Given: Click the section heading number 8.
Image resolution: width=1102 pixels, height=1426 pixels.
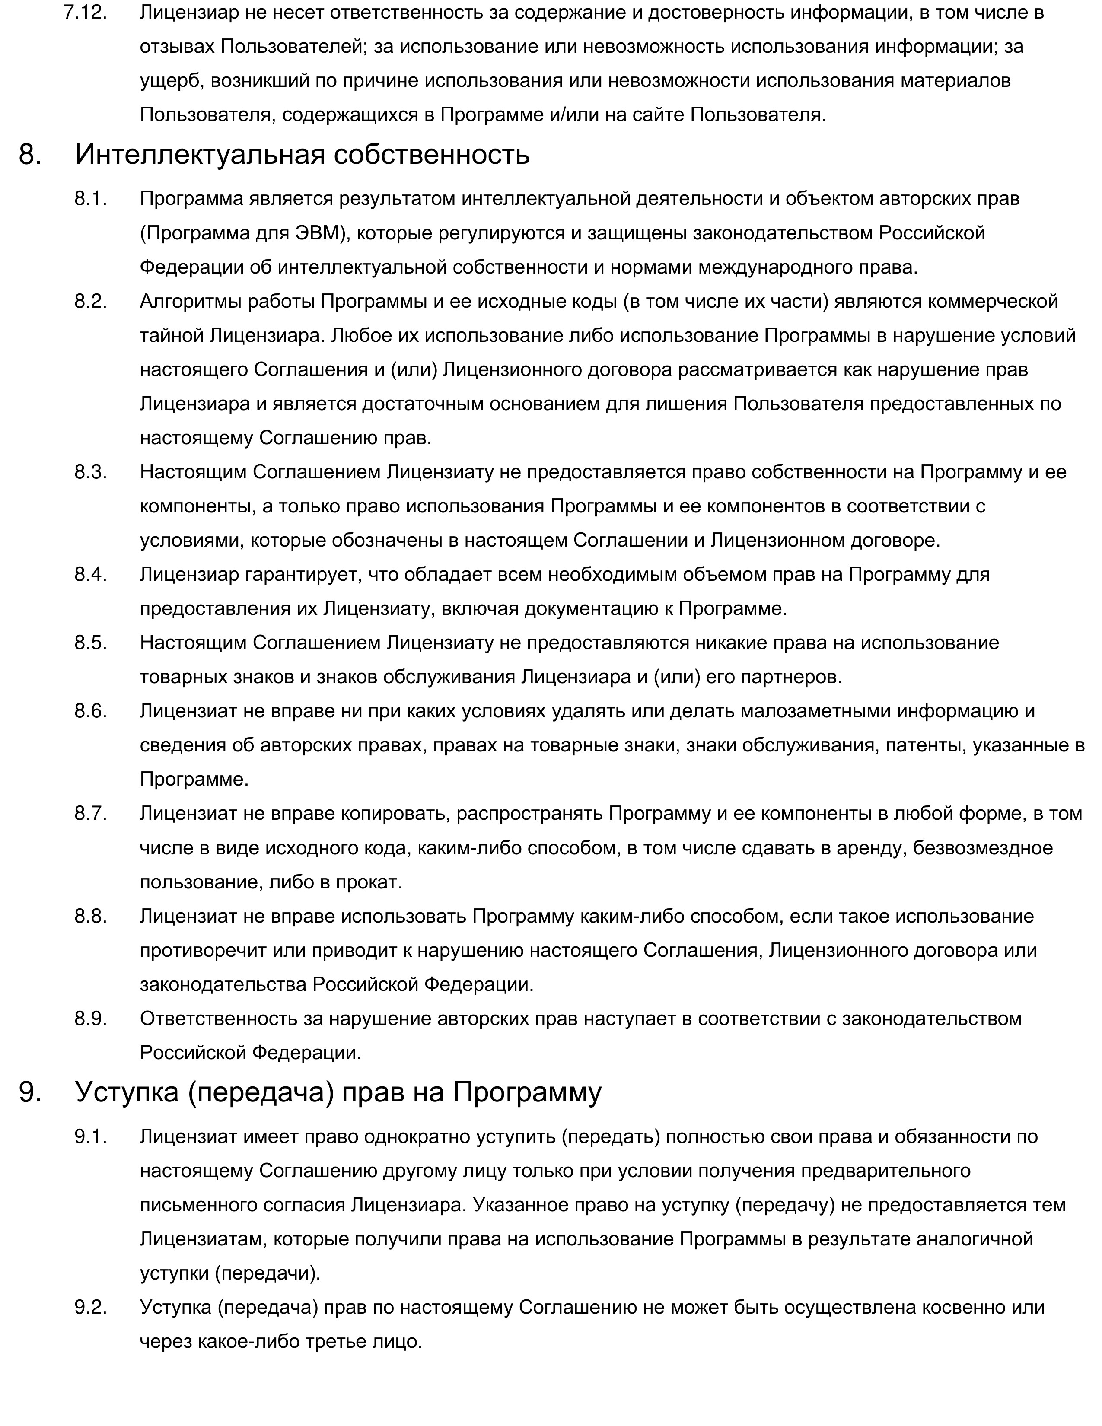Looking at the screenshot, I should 30,155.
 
